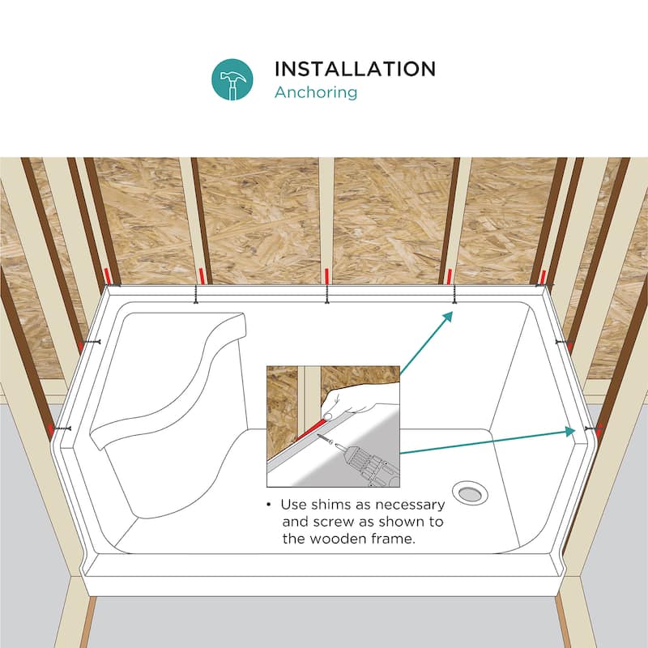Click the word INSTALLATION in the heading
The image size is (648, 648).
click(356, 69)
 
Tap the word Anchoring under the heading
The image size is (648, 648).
click(316, 92)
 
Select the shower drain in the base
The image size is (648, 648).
click(470, 493)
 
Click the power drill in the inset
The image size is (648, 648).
click(367, 464)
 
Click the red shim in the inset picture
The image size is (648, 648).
click(311, 429)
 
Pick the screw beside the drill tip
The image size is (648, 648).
click(326, 439)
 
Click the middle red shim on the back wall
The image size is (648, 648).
click(326, 276)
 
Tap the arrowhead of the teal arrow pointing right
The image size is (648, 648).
click(570, 431)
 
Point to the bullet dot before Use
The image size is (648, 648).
click(269, 505)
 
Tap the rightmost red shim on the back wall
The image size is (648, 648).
click(543, 276)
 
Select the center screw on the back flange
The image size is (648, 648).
click(326, 294)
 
